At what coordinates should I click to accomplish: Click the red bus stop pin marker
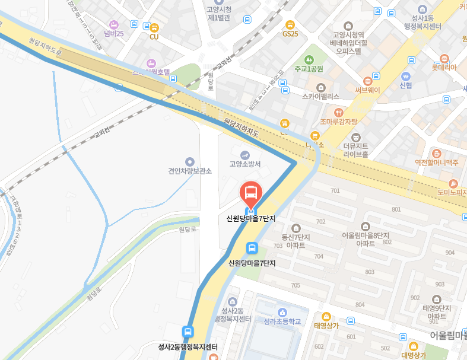click(251, 193)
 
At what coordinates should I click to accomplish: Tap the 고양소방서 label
click(245, 164)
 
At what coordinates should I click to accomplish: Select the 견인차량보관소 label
click(190, 171)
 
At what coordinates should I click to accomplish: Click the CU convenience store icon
click(154, 27)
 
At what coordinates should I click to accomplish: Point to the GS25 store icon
click(290, 25)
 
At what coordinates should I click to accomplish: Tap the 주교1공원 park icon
click(309, 60)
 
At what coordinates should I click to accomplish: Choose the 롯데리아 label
click(444, 67)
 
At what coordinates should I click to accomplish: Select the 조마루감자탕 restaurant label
click(338, 122)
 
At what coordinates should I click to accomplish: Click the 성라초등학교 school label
click(282, 321)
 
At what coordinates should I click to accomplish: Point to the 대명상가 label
click(414, 355)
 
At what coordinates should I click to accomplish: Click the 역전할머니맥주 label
click(437, 162)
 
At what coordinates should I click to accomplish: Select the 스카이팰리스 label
click(320, 96)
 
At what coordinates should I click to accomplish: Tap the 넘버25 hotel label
click(113, 33)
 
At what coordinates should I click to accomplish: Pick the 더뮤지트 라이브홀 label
click(356, 150)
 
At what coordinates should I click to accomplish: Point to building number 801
click(396, 209)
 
